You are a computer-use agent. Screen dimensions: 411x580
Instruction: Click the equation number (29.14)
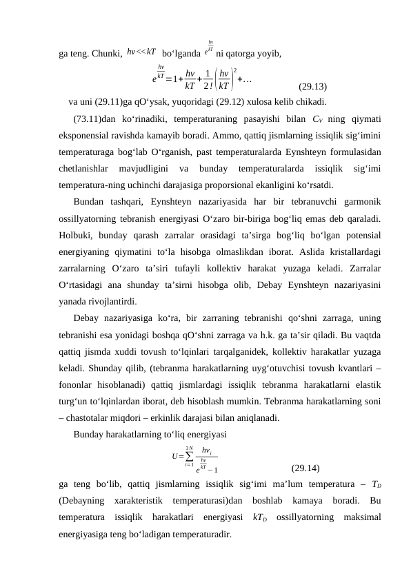click(x=305, y=468)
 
